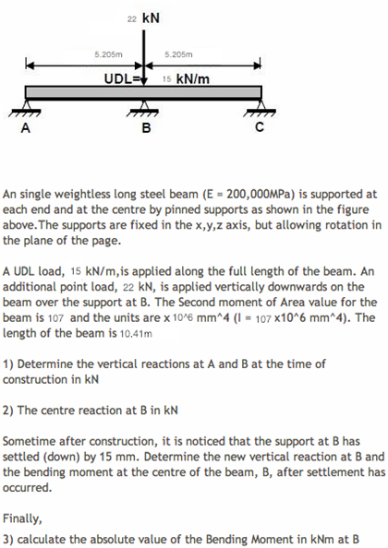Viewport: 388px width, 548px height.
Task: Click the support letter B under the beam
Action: click(144, 129)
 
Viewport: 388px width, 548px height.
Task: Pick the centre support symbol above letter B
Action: click(143, 112)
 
